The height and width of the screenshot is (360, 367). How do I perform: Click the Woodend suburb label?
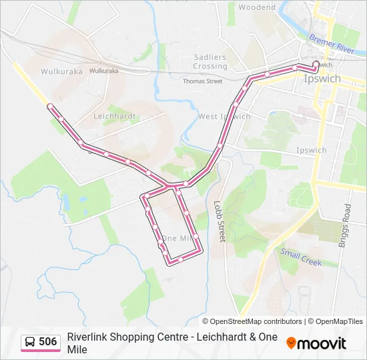tap(257, 7)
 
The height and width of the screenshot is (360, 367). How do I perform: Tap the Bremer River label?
tap(331, 45)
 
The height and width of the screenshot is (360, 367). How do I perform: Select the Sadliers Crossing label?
tap(210, 62)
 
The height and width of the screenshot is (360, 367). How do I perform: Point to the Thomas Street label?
tap(202, 81)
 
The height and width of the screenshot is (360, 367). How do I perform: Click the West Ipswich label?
tap(224, 117)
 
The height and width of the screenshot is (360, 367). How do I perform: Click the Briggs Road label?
tap(347, 225)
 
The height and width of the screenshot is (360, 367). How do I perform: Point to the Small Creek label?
tap(301, 257)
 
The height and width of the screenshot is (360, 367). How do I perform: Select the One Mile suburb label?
tap(177, 238)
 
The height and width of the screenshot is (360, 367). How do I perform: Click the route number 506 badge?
tap(47, 342)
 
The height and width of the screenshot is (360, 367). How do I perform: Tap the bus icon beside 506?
tap(30, 342)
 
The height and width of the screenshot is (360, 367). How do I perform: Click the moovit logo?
tap(316, 343)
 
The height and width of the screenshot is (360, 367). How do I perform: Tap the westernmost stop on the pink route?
tap(49, 106)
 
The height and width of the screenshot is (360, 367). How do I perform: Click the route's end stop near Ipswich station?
tap(316, 65)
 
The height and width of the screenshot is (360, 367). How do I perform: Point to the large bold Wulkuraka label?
tap(61, 71)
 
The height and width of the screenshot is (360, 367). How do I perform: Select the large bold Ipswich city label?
tap(322, 79)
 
